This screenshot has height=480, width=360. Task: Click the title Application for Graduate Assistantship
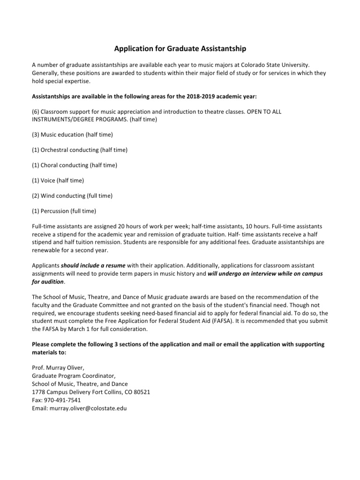(180, 49)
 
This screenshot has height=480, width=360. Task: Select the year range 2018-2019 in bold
(214, 97)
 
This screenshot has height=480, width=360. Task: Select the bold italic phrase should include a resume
(93, 266)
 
